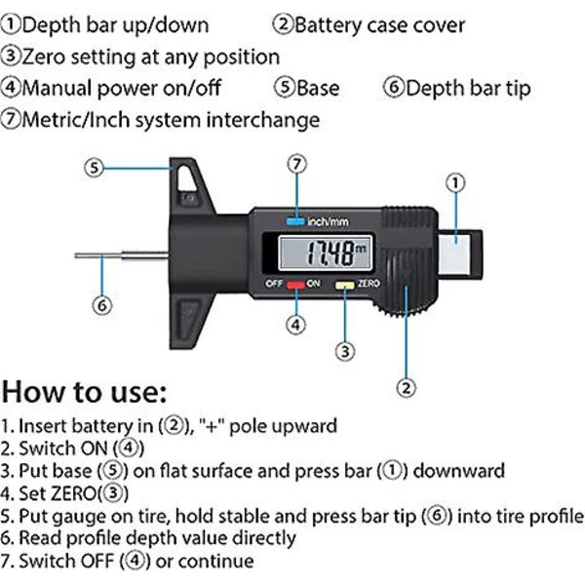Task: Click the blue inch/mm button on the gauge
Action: tap(295, 221)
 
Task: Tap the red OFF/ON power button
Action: tap(295, 285)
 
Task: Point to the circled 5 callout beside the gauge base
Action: tap(94, 168)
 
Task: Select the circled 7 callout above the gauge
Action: tap(297, 164)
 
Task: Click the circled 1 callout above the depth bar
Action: tap(455, 183)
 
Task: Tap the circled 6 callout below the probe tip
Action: tap(101, 305)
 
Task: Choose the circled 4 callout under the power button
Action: tap(295, 325)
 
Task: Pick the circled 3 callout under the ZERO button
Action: tap(345, 351)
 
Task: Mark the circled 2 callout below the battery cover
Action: tap(406, 388)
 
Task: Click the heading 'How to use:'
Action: tap(84, 393)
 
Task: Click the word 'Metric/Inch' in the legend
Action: tap(77, 120)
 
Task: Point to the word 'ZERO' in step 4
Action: tap(73, 493)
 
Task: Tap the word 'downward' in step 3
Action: tap(459, 471)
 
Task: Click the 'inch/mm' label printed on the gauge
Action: tap(328, 222)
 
